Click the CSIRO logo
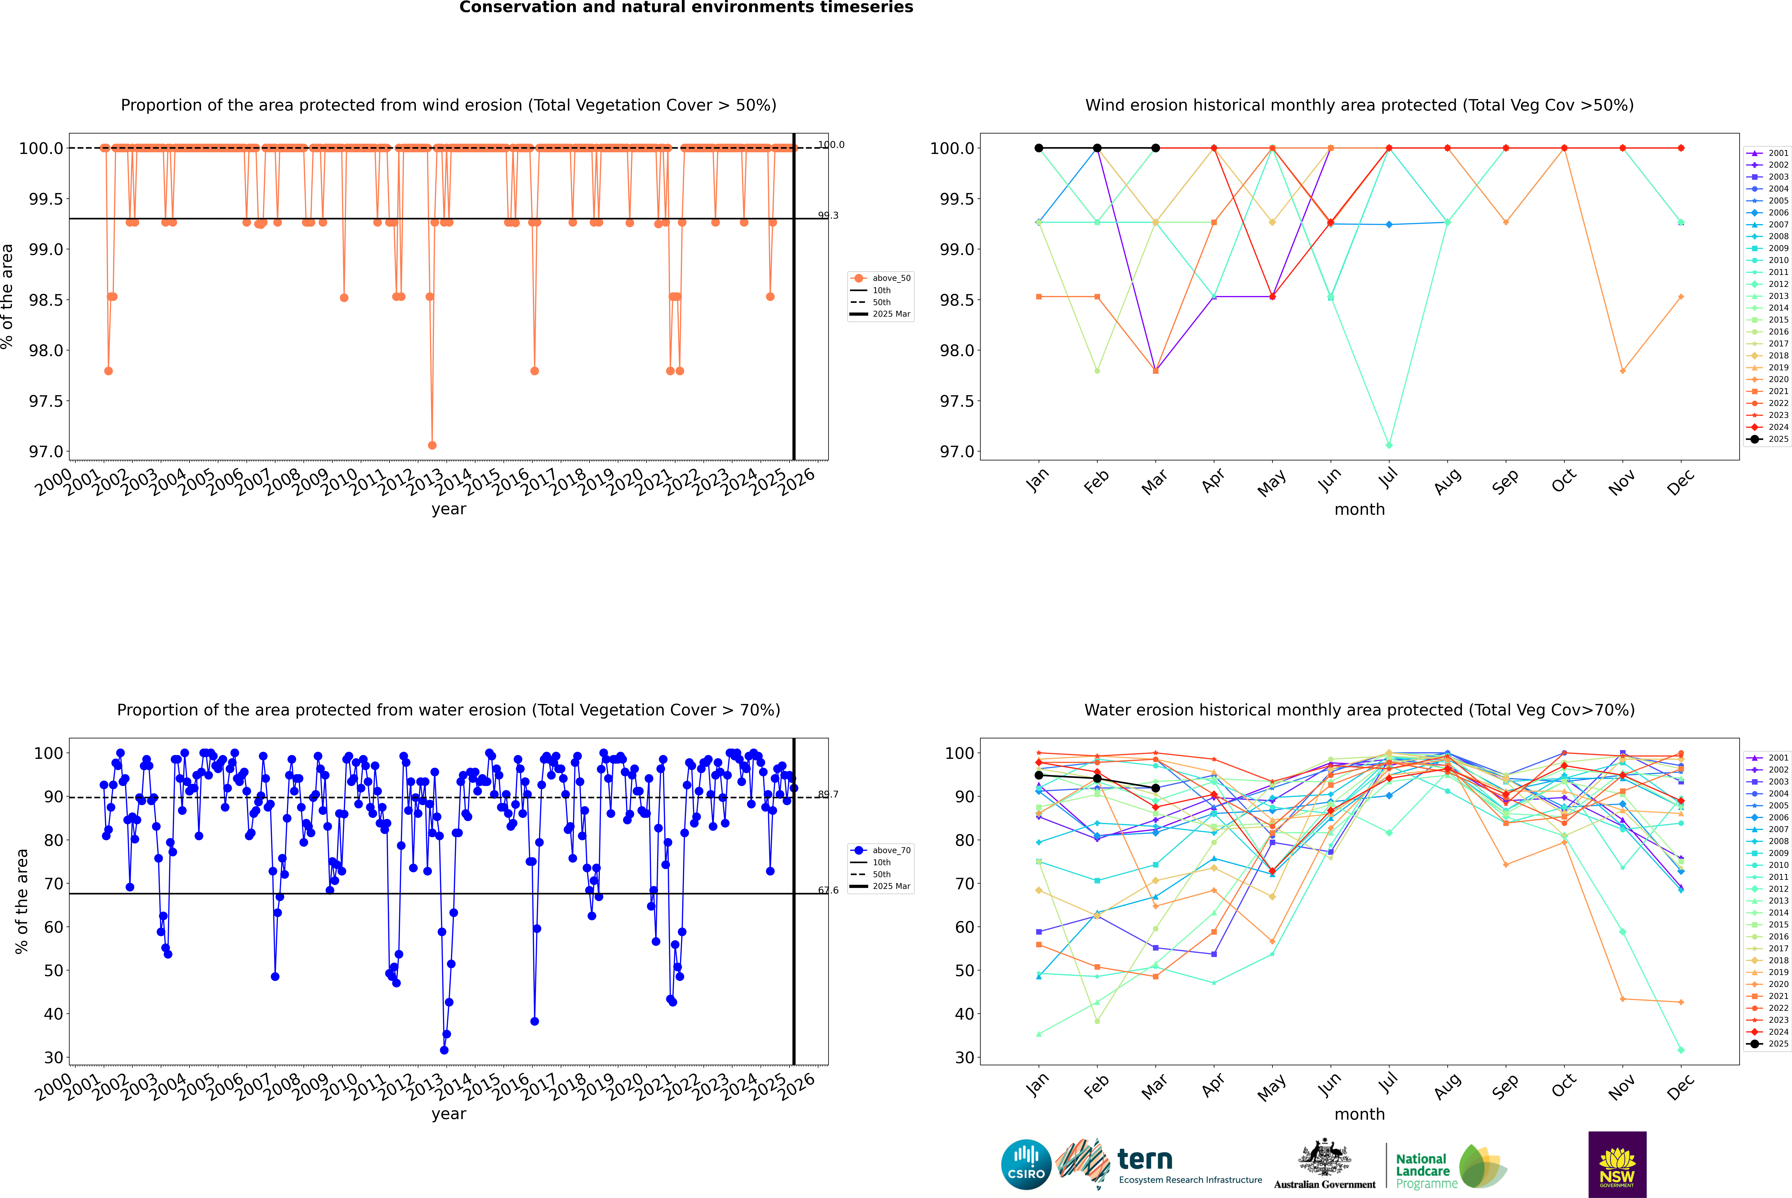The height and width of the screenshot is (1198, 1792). pyautogui.click(x=1026, y=1164)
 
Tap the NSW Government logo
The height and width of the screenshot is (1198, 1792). pyautogui.click(x=1617, y=1164)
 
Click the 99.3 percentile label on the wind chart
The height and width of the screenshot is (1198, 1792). pyautogui.click(x=828, y=215)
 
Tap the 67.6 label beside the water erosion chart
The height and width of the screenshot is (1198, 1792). pyautogui.click(x=828, y=890)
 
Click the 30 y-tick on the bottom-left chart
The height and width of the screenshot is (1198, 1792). pyautogui.click(x=53, y=1057)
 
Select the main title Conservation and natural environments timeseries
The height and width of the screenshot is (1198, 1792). pyautogui.click(x=686, y=8)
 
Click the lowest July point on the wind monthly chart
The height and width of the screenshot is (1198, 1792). pyautogui.click(x=1389, y=445)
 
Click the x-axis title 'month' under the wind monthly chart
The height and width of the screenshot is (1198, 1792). pyautogui.click(x=1359, y=510)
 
